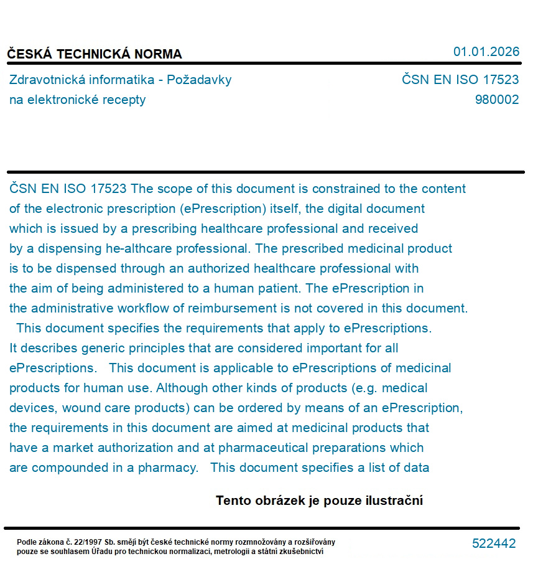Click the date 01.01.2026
point(486,52)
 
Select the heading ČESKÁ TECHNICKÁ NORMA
point(95,54)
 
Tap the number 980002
point(496,100)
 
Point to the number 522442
point(494,543)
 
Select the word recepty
point(127,100)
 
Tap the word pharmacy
point(168,468)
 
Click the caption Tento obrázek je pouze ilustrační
point(319,501)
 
